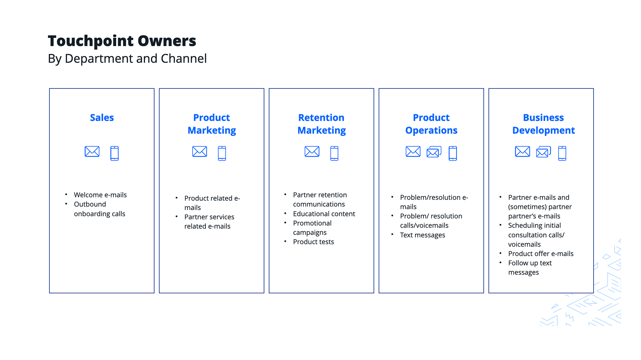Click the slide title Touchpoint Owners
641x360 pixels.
click(122, 41)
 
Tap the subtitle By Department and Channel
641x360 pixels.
click(127, 58)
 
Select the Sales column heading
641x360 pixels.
click(102, 118)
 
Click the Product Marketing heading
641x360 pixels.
click(212, 124)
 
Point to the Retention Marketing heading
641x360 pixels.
click(322, 124)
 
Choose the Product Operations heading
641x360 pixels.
click(431, 124)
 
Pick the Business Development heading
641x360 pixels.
click(544, 124)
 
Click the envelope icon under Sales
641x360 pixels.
click(92, 152)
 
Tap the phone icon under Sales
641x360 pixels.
click(115, 153)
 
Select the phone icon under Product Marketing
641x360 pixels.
click(222, 153)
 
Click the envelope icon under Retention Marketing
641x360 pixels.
click(312, 152)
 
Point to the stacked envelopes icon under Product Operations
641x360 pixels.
click(434, 152)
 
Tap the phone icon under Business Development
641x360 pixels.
click(562, 153)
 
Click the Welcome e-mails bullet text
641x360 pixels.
click(100, 195)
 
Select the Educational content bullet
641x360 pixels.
click(324, 214)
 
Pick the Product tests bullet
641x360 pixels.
click(313, 242)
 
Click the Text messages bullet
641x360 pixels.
click(423, 235)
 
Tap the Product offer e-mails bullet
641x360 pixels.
click(541, 254)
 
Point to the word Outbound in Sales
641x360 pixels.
click(90, 204)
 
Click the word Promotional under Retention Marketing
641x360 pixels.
click(312, 223)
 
